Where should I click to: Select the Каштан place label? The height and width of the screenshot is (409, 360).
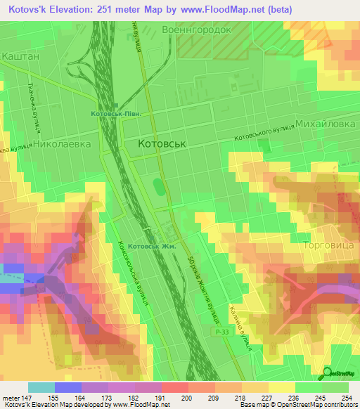click(19, 53)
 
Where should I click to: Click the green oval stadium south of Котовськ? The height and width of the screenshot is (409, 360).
click(159, 188)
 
